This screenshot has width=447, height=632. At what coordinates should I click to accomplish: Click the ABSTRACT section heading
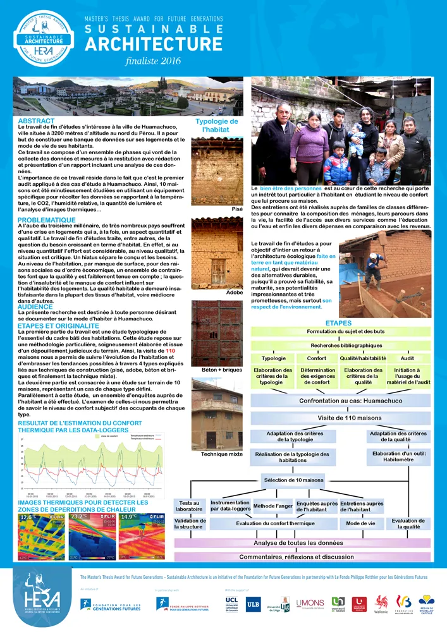coord(32,120)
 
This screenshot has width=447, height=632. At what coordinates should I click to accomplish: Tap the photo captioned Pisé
coord(216,171)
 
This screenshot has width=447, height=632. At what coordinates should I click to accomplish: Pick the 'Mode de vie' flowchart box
coord(361,524)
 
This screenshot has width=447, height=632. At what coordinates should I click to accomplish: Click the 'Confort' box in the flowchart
coord(316,358)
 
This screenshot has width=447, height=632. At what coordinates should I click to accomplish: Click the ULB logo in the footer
coord(253,604)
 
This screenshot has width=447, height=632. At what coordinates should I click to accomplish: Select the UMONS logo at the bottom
coord(310,604)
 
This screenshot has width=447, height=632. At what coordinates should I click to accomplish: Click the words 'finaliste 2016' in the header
coord(153,61)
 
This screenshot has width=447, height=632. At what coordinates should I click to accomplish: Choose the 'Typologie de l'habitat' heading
coord(216,126)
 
